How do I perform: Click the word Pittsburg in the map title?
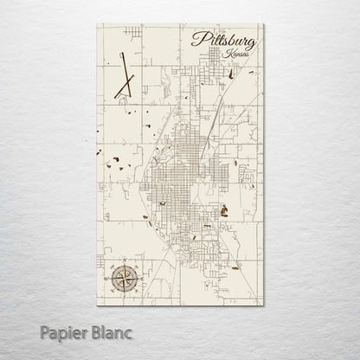[x=219, y=41]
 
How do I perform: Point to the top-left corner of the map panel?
[x=96, y=24]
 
